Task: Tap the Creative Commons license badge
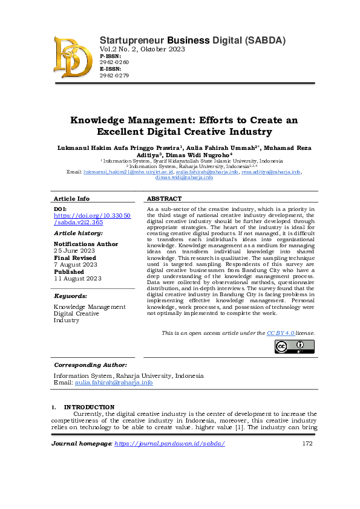click(x=295, y=347)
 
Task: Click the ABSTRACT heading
click(x=164, y=198)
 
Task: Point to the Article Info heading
click(x=71, y=198)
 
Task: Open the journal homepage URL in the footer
click(x=169, y=444)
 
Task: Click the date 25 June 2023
click(x=74, y=250)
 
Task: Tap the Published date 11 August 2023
click(x=78, y=278)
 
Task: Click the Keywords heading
click(x=71, y=296)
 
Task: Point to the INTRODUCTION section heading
click(x=89, y=407)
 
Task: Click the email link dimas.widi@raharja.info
click(x=184, y=177)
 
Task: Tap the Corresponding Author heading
click(x=90, y=365)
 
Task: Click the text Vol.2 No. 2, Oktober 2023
click(x=142, y=49)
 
